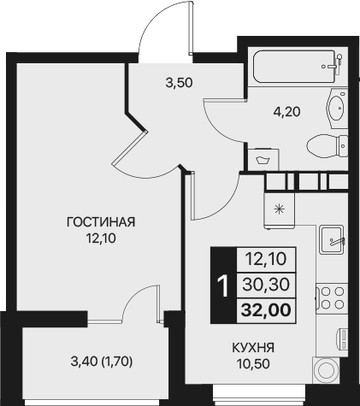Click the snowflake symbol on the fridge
pos(278,208)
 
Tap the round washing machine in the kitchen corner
pos(327,370)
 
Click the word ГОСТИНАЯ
pos(102,222)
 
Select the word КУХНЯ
pos(251,348)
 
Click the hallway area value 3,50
pos(178,84)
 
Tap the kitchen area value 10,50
pos(251,363)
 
